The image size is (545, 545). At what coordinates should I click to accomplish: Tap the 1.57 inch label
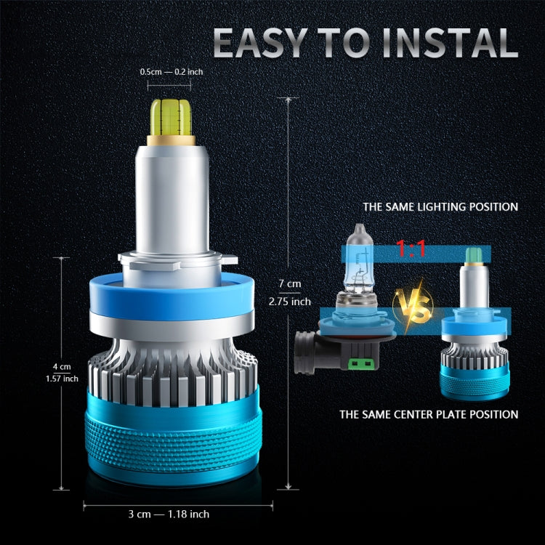[61, 378]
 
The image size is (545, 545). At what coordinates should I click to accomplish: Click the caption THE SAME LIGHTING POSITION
[440, 207]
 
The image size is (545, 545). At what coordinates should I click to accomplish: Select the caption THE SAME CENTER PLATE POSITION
[429, 415]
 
